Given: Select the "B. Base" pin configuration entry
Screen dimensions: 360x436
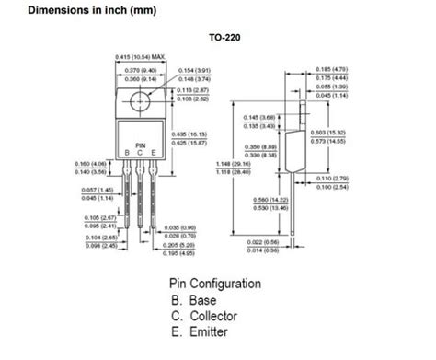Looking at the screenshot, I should tap(196, 301).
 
